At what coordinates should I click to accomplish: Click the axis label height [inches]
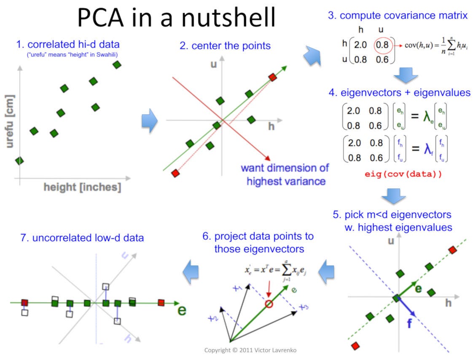pyautogui.click(x=82, y=187)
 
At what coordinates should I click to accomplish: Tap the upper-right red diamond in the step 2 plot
pyautogui.click(x=273, y=77)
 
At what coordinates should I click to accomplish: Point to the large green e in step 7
pyautogui.click(x=182, y=311)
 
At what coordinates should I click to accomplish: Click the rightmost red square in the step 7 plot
pyautogui.click(x=161, y=302)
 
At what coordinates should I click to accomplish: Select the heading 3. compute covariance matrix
pyautogui.click(x=398, y=16)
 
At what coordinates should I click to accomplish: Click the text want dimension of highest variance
pyautogui.click(x=285, y=175)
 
